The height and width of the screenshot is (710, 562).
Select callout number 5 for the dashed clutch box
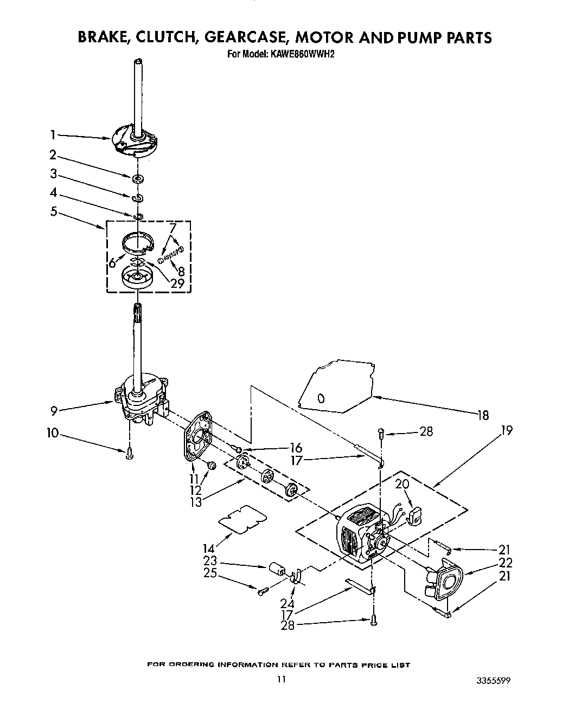pyautogui.click(x=54, y=211)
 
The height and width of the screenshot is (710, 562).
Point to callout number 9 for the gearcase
pyautogui.click(x=54, y=410)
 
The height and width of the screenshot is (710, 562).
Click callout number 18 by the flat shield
pyautogui.click(x=482, y=415)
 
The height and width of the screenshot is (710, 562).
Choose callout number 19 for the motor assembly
pyautogui.click(x=507, y=431)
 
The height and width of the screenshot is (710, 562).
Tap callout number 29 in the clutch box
pyautogui.click(x=177, y=282)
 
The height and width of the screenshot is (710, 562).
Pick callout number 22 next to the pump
pyautogui.click(x=505, y=563)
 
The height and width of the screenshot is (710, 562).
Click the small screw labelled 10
pyautogui.click(x=129, y=454)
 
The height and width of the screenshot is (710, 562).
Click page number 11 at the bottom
pyautogui.click(x=280, y=679)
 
